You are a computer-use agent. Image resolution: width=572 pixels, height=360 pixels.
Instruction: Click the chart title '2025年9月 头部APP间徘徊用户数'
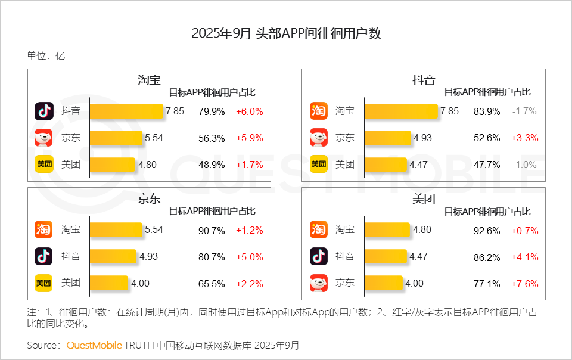pyautogui.click(x=286, y=33)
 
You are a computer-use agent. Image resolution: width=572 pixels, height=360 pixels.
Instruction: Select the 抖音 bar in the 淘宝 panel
pyautogui.click(x=126, y=111)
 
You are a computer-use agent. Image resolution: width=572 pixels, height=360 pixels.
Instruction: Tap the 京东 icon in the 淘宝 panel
pyautogui.click(x=43, y=138)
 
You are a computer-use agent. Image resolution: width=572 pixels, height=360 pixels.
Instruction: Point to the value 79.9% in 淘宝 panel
pyautogui.click(x=212, y=111)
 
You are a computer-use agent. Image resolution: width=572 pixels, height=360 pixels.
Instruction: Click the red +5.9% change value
pyautogui.click(x=249, y=138)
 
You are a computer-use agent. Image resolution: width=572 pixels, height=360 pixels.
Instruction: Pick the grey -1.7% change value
pyautogui.click(x=524, y=111)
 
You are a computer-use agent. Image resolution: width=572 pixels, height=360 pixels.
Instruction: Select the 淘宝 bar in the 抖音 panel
pyautogui.click(x=402, y=111)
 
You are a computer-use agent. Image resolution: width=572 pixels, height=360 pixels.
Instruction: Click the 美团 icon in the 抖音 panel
pyautogui.click(x=319, y=164)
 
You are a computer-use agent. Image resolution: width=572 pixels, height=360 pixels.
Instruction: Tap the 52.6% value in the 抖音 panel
pyautogui.click(x=487, y=138)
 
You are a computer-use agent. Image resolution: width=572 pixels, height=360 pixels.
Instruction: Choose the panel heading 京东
pyautogui.click(x=149, y=199)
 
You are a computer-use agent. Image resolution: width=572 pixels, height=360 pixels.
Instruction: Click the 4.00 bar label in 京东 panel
pyautogui.click(x=140, y=283)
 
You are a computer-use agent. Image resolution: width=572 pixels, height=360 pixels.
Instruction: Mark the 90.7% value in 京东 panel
pyautogui.click(x=212, y=230)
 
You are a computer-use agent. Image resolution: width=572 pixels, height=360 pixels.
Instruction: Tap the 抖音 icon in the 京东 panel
pyautogui.click(x=43, y=256)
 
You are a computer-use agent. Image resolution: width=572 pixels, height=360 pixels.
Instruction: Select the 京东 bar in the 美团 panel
pyautogui.click(x=384, y=283)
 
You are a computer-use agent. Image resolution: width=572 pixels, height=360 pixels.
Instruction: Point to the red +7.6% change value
pyautogui.click(x=524, y=283)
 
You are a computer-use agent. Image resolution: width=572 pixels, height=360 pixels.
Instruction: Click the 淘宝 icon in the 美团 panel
pyautogui.click(x=319, y=230)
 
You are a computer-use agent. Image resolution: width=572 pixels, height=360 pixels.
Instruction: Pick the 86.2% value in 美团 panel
pyautogui.click(x=487, y=257)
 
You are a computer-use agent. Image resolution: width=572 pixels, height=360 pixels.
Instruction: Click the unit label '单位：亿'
pyautogui.click(x=46, y=56)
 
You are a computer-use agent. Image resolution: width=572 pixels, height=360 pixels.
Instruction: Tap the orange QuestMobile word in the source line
pyautogui.click(x=94, y=346)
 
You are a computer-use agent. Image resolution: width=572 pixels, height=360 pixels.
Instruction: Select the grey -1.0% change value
pyautogui.click(x=524, y=164)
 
